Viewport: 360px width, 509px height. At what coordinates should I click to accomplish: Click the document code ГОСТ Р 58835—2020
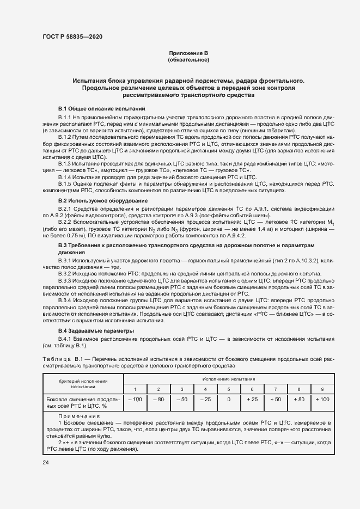click(72, 36)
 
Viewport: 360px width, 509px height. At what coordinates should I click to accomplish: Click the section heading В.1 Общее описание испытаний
click(102, 109)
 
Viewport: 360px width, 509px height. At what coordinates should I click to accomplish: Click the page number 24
click(46, 463)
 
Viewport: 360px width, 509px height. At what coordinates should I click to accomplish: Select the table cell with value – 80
click(158, 400)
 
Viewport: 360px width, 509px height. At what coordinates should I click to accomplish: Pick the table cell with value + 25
click(252, 400)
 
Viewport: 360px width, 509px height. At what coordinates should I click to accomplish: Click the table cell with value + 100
click(322, 400)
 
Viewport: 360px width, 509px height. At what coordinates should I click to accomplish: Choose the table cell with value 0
click(228, 400)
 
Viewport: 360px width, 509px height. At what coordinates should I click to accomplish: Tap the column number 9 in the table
click(322, 389)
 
